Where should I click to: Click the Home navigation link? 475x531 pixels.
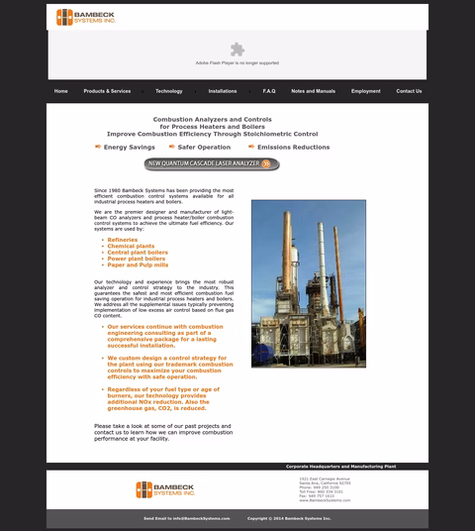click(x=61, y=91)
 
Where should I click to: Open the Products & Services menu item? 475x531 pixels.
click(x=107, y=91)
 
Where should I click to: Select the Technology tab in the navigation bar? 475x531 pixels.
click(x=169, y=91)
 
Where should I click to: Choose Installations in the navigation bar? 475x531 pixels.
click(x=223, y=91)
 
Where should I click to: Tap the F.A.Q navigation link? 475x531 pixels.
click(x=269, y=91)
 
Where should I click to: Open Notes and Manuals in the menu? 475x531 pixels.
click(x=313, y=91)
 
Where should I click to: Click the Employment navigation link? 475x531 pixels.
click(x=365, y=91)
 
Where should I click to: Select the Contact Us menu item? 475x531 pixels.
click(x=409, y=91)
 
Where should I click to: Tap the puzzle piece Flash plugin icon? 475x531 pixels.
click(x=237, y=49)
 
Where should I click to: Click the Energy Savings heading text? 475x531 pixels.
click(x=129, y=147)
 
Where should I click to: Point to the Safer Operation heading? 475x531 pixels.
click(x=204, y=147)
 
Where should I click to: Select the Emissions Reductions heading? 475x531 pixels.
click(x=293, y=147)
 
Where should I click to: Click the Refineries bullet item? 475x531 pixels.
click(x=123, y=240)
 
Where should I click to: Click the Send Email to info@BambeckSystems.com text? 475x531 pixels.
click(x=186, y=518)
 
